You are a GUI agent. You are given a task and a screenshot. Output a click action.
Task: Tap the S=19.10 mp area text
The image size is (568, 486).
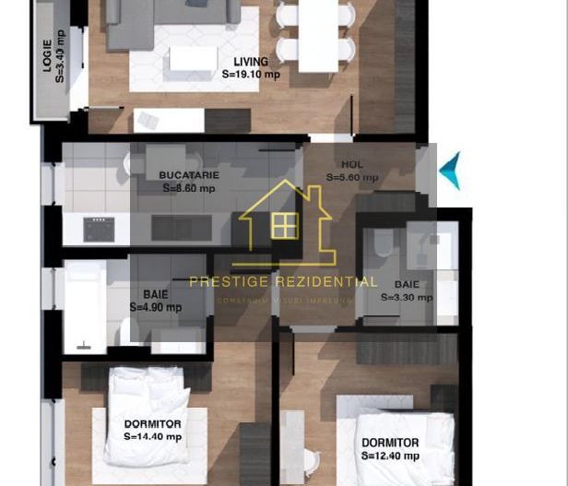[252, 77]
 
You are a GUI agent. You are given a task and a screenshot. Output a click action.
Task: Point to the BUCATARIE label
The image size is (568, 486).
[188, 174]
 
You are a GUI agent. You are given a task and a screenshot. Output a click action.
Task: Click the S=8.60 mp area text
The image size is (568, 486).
[188, 187]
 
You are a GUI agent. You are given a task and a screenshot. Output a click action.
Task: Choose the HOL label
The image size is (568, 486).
[351, 165]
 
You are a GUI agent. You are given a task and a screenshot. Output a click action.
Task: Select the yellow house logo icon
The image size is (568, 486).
[285, 221]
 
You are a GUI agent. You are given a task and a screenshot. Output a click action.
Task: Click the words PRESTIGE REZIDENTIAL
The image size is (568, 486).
[283, 282]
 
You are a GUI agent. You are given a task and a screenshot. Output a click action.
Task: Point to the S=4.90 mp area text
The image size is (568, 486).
[155, 307]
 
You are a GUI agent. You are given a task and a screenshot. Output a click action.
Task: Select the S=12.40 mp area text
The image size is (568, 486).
[390, 456]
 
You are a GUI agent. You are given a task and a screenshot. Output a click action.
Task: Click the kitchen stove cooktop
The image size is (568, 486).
[99, 229]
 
